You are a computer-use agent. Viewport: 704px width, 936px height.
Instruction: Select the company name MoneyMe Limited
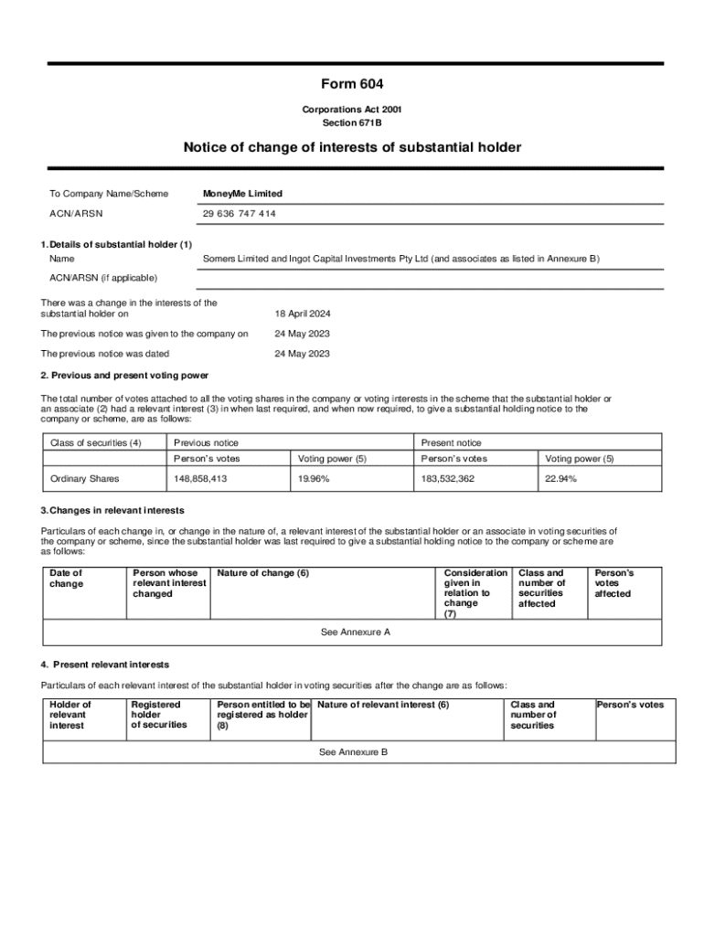(x=242, y=194)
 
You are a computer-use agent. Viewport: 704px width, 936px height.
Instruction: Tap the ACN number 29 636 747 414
(x=239, y=214)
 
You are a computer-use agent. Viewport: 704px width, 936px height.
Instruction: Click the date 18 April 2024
(x=303, y=314)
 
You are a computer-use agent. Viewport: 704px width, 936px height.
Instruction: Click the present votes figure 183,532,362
(x=447, y=478)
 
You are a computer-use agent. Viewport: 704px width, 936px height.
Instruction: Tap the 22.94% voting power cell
(x=560, y=478)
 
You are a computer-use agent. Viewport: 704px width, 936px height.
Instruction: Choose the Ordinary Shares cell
(x=84, y=478)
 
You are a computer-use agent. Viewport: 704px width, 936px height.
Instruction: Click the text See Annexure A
(x=356, y=632)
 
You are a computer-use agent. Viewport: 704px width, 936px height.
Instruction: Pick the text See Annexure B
(x=353, y=751)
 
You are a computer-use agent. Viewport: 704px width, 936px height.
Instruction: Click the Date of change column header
(x=66, y=579)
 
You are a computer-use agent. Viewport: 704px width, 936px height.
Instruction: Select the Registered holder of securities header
(x=158, y=715)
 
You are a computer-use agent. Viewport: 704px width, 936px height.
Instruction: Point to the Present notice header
(x=451, y=443)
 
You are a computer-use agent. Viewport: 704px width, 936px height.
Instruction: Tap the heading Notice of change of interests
(x=352, y=147)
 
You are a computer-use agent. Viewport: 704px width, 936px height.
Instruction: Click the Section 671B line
(x=352, y=122)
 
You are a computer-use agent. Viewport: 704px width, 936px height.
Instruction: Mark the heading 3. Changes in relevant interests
(x=112, y=510)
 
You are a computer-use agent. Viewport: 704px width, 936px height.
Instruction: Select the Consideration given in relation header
(x=475, y=593)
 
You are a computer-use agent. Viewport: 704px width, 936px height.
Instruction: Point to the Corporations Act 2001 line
(x=352, y=110)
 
